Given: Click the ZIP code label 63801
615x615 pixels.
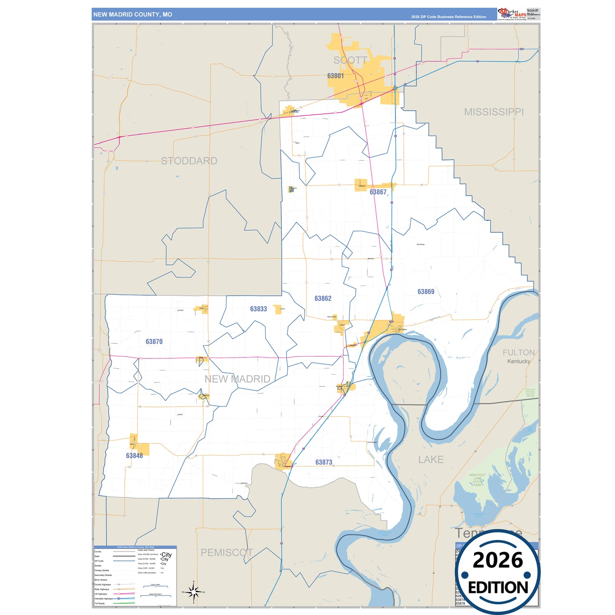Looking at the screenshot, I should [335, 76].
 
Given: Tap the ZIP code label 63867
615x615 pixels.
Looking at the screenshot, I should [378, 192].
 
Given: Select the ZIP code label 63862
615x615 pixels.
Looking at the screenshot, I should [323, 298].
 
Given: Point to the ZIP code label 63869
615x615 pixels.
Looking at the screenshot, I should [426, 292].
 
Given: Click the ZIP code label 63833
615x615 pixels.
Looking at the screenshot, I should [258, 309].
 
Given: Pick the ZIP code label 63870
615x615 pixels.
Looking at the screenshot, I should [154, 341].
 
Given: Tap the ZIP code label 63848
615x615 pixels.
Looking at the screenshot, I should [134, 455].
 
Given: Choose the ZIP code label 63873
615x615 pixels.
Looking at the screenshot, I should [323, 462].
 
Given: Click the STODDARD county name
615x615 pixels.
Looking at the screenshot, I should [189, 161].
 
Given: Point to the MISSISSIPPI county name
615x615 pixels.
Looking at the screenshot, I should [494, 112].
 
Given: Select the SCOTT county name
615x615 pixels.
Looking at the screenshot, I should [350, 60].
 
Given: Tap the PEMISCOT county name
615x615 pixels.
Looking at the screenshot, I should [226, 552].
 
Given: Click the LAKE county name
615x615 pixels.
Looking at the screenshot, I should [431, 460].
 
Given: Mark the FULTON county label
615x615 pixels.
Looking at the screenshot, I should [518, 352].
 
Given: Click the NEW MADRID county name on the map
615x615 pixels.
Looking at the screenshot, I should [237, 379].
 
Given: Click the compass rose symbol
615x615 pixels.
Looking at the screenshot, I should [193, 592].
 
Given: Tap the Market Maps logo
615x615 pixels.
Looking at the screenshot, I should [512, 14].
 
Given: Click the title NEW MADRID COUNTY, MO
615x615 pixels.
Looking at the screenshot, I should [133, 14].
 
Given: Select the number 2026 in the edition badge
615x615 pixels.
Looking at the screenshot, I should [498, 560].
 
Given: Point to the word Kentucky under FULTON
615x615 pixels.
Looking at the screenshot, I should [518, 361].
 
